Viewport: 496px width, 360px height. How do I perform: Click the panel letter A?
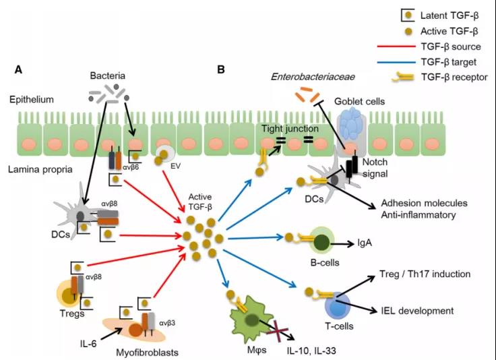[x=19, y=69]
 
